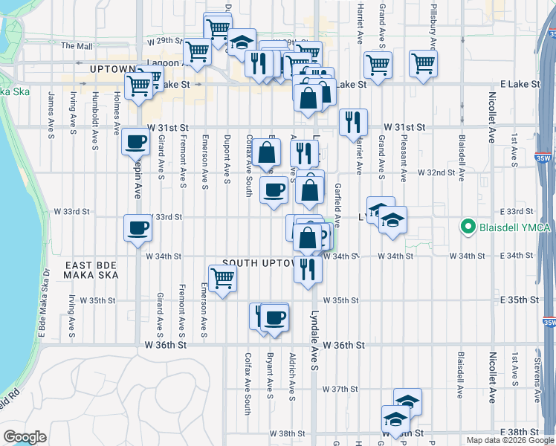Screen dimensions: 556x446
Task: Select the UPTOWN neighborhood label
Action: (x=110, y=68)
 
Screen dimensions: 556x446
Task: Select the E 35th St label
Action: (x=520, y=300)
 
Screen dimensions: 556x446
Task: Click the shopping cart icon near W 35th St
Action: (x=223, y=279)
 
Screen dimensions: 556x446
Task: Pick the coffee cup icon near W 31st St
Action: (x=136, y=140)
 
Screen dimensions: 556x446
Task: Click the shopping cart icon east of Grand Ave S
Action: (x=423, y=63)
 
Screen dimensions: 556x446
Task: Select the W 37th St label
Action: (x=340, y=389)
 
